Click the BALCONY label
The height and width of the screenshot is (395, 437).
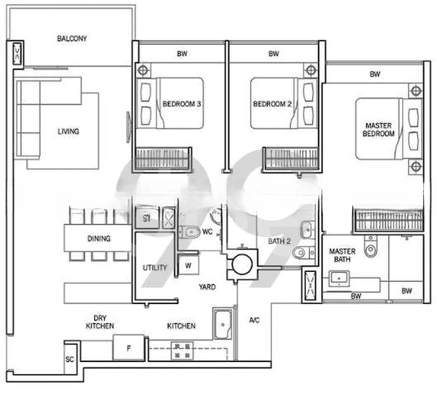pyautogui.click(x=72, y=38)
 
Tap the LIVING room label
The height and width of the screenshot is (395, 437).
pyautogui.click(x=68, y=131)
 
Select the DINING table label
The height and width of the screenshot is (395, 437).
pyautogui.click(x=99, y=238)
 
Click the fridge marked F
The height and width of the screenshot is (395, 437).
pyautogui.click(x=128, y=348)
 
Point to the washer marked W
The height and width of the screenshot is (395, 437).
pyautogui.click(x=188, y=265)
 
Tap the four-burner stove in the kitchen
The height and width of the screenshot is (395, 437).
pyautogui.click(x=182, y=351)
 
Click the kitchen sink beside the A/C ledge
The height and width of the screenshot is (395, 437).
pyautogui.click(x=223, y=324)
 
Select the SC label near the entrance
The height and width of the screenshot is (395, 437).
pyautogui.click(x=70, y=359)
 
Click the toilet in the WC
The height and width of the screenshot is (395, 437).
pyautogui.click(x=190, y=232)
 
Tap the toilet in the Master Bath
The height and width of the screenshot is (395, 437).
pyautogui.click(x=371, y=246)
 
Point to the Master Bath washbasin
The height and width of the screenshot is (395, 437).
pyautogui.click(x=339, y=278)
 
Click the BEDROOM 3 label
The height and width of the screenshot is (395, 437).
pyautogui.click(x=182, y=104)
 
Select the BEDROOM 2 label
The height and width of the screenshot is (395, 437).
pyautogui.click(x=272, y=104)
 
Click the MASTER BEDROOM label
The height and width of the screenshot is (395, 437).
pyautogui.click(x=378, y=130)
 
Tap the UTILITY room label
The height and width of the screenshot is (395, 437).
pyautogui.click(x=155, y=267)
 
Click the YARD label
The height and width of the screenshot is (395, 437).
pyautogui.click(x=207, y=287)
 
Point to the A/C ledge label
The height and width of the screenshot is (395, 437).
pyautogui.click(x=254, y=321)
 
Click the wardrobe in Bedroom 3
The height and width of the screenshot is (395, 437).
pyautogui.click(x=163, y=159)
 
